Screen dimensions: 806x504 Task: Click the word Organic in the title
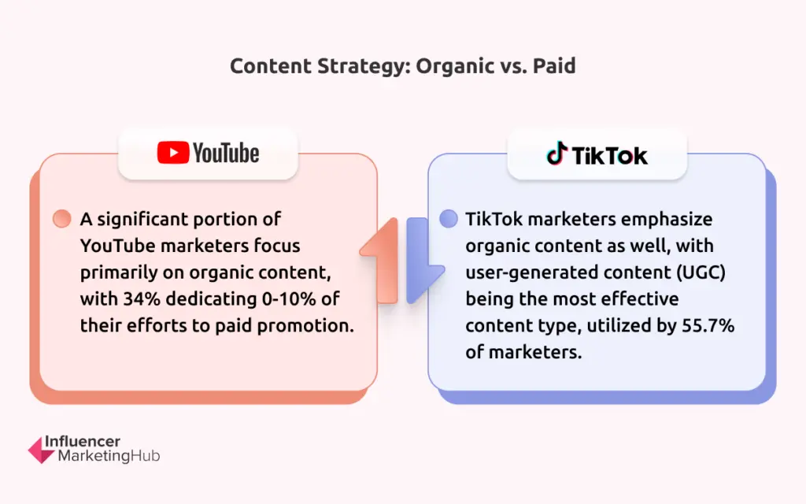point(454,67)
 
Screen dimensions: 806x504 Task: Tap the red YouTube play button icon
point(173,153)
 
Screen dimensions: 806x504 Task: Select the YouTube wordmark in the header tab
point(226,153)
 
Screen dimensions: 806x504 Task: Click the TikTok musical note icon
point(556,154)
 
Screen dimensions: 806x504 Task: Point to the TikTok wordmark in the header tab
point(610,155)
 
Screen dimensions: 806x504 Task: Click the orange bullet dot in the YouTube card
point(61,219)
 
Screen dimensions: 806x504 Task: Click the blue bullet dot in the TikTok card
point(448,219)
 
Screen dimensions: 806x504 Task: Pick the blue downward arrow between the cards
point(423,260)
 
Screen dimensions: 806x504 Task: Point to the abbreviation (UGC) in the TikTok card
point(701,272)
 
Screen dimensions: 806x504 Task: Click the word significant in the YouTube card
point(141,220)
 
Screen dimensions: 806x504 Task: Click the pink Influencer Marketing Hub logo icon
point(41,450)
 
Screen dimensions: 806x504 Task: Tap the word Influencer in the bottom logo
point(82,441)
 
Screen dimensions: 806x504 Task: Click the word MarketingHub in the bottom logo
point(109,456)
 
